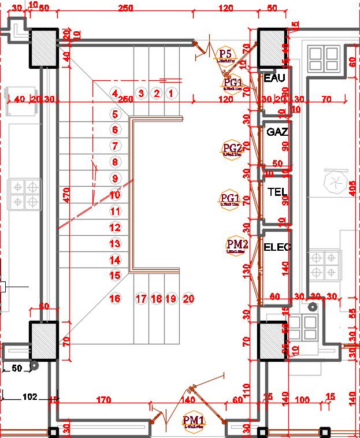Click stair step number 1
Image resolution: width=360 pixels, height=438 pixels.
pos(171,92)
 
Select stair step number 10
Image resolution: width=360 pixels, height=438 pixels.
pos(115,195)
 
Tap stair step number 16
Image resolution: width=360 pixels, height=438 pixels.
pos(115,298)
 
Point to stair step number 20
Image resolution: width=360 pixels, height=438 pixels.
pos(188,299)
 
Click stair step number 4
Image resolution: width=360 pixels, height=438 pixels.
pos(115,93)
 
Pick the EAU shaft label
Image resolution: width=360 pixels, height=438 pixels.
pos(274,77)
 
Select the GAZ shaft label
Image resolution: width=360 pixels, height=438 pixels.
pos(277,132)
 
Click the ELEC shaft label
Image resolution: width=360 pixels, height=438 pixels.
pos(277,247)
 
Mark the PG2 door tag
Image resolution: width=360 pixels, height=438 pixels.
pos(231,149)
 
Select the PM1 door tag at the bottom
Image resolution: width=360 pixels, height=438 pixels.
pos(193,421)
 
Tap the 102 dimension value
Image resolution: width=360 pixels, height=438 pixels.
pos(30,397)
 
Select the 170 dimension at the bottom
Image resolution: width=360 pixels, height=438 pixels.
pos(103,398)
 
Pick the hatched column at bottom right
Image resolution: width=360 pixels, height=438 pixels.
pos(272,341)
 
